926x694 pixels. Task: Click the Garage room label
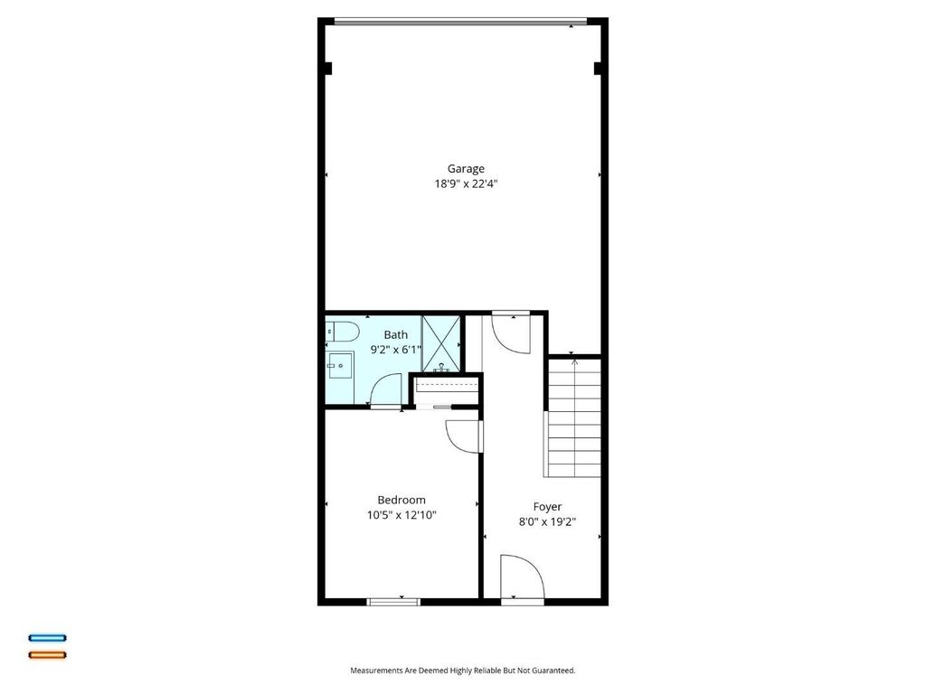coord(466,169)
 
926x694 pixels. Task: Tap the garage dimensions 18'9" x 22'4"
coord(466,183)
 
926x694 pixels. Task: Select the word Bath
coord(396,334)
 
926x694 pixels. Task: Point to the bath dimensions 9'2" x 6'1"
coord(396,350)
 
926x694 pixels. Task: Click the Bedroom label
coord(402,500)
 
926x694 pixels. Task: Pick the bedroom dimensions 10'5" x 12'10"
coord(402,514)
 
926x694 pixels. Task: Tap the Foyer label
coord(547,506)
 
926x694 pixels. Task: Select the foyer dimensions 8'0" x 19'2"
coord(547,521)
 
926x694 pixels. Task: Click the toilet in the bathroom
coord(343,333)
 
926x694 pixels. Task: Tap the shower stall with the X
coord(440,344)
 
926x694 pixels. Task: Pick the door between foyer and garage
coord(512,333)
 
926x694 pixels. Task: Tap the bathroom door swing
coord(386,390)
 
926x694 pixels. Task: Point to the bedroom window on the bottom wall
coord(393,602)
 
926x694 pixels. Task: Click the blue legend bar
coord(48,638)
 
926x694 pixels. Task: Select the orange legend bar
coord(48,655)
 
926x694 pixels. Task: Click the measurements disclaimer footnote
coord(463,671)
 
